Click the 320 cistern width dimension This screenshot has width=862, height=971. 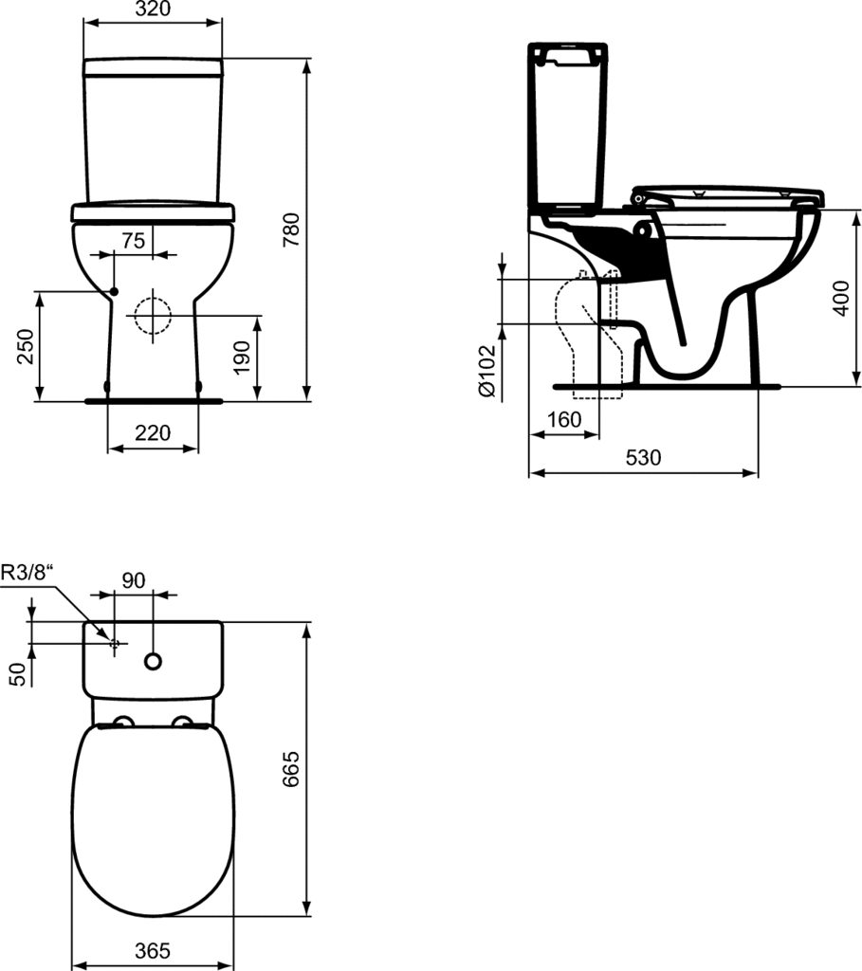153,9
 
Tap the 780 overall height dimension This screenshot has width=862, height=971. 291,229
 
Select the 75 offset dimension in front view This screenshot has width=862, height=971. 133,240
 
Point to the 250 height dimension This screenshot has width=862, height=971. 24,346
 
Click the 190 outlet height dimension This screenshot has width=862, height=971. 242,357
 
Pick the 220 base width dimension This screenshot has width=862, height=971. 153,432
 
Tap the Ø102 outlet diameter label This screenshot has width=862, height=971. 487,371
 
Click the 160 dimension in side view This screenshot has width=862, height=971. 564,419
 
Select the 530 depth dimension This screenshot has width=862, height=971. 643,457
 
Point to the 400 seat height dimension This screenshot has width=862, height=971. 841,298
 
